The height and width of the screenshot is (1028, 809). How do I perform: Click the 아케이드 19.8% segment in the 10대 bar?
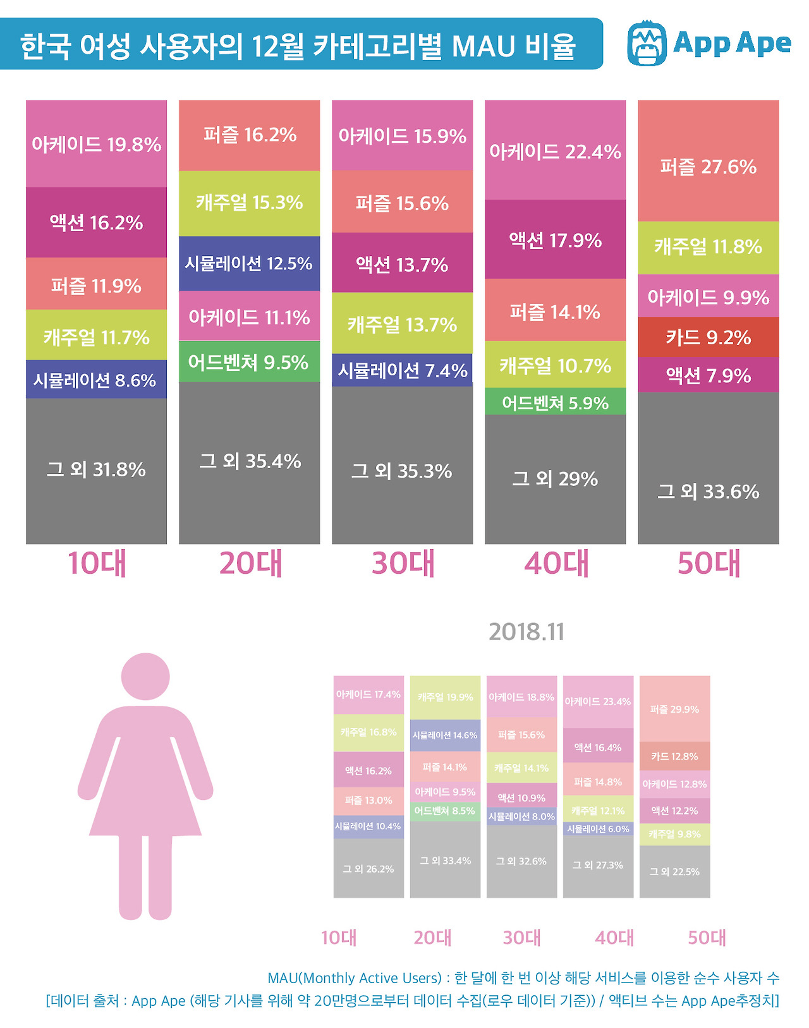(x=96, y=144)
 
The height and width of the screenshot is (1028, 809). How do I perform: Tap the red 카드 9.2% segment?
(x=708, y=337)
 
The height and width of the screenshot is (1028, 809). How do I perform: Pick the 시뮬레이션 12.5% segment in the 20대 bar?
(x=249, y=263)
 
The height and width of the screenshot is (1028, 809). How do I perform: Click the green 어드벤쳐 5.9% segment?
(x=555, y=402)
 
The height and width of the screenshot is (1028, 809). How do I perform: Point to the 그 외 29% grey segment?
(x=555, y=479)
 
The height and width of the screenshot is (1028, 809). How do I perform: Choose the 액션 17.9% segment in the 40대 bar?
(x=555, y=240)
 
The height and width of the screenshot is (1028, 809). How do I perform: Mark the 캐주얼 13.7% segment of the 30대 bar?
(x=402, y=324)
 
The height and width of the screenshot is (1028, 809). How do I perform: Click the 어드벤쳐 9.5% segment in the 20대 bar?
(x=249, y=362)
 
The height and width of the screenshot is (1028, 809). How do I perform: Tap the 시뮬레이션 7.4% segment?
(x=402, y=370)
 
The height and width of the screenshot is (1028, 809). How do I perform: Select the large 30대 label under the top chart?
(x=403, y=563)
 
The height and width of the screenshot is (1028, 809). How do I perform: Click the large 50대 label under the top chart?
(x=709, y=563)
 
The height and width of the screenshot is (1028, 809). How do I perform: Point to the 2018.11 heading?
(x=526, y=631)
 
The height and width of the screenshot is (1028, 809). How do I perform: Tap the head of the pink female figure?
(x=145, y=676)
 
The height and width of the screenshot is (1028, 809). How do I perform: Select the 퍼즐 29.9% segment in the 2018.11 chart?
(x=674, y=709)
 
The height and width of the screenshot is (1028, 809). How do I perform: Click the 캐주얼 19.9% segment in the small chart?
(x=445, y=697)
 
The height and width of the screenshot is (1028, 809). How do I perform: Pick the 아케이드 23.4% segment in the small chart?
(x=597, y=701)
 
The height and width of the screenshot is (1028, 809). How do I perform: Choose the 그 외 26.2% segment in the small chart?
(x=368, y=869)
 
